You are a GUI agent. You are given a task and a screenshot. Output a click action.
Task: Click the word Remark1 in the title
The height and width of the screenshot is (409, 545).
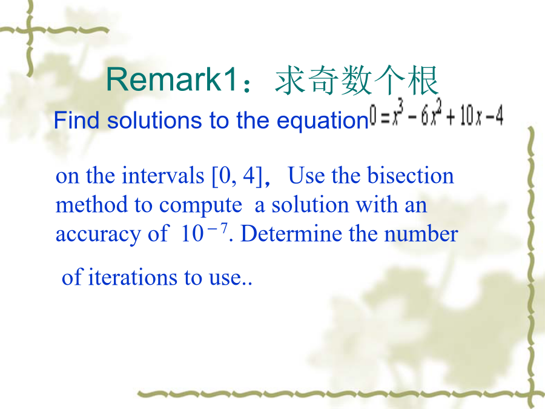coord(172,79)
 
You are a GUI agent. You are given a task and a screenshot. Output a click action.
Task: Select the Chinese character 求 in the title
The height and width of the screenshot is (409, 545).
coord(290,81)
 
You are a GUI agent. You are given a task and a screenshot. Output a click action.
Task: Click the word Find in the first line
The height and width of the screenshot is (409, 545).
coord(77,121)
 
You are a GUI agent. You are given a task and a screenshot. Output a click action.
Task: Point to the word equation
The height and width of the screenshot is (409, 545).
coord(322,121)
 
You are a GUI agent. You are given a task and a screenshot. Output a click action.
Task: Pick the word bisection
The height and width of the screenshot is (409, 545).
coord(410,175)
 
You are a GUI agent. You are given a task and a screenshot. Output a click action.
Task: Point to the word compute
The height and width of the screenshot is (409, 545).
coord(200,206)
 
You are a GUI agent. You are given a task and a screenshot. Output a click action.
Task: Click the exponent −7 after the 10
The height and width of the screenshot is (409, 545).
coord(217,229)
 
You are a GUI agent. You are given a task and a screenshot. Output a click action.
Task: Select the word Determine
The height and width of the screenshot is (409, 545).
coord(292,233)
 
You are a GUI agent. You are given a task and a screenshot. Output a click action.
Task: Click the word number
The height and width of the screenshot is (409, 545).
coord(421,233)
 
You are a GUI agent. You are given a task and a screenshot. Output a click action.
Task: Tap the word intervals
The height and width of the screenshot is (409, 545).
coord(163,175)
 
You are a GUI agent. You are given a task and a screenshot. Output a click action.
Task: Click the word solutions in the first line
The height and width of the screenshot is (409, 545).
coord(154,121)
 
